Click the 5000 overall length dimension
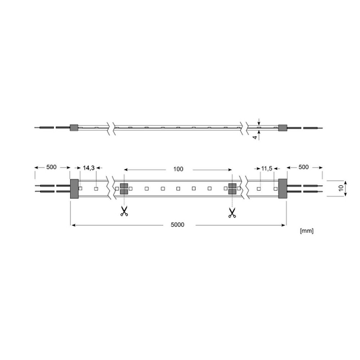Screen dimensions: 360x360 [177, 225]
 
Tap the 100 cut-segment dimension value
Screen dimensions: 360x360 [178, 169]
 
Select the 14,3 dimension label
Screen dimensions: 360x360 [89, 168]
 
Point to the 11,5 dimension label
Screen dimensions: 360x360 [266, 168]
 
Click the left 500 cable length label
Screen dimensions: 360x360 [51, 167]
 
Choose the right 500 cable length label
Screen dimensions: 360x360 [303, 167]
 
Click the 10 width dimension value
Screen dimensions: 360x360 [341, 188]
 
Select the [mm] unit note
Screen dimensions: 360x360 [306, 230]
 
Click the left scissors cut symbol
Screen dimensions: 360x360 [124, 211]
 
